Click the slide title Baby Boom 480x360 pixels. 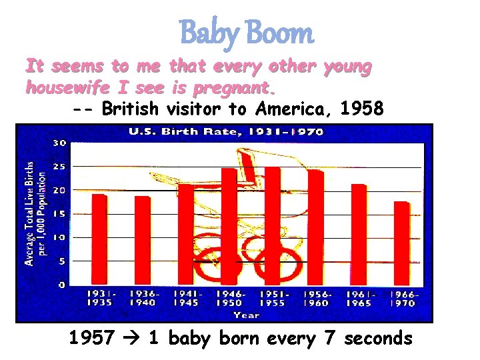click(246, 33)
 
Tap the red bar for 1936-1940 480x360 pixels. click(143, 240)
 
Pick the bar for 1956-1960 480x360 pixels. click(315, 227)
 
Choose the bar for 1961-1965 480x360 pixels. click(359, 233)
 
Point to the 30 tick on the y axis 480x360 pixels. click(59, 142)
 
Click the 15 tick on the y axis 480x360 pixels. click(59, 213)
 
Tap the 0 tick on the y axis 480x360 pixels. click(61, 285)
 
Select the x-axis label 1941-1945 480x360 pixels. click(186, 298)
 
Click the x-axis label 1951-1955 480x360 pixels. click(273, 298)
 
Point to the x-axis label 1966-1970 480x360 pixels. click(402, 298)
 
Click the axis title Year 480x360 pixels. click(250, 315)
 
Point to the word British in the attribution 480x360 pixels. click(130, 109)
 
